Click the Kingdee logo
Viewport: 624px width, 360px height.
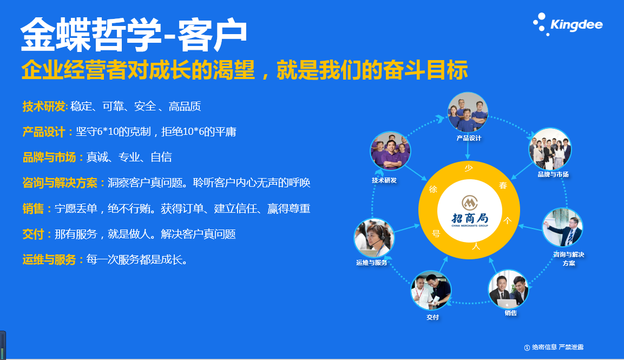[568, 24]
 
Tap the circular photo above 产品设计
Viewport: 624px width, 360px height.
[468, 112]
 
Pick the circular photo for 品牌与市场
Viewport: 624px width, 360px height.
[550, 148]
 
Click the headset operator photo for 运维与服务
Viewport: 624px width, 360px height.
[374, 238]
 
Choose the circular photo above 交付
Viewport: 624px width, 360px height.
[431, 291]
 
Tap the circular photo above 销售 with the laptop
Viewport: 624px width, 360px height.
[509, 290]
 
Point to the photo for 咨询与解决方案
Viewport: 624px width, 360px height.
[562, 228]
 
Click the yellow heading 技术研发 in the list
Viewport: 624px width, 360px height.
[44, 106]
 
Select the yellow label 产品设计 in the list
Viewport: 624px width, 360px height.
[44, 132]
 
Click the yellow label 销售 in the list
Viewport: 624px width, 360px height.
[33, 208]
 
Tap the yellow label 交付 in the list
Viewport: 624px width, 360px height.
[33, 234]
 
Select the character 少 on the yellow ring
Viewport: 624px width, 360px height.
[469, 168]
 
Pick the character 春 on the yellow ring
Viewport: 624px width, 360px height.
[503, 186]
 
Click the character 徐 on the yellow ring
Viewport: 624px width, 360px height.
[433, 189]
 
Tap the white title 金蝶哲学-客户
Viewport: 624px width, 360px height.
[134, 35]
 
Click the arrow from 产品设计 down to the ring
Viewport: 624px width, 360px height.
[468, 151]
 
